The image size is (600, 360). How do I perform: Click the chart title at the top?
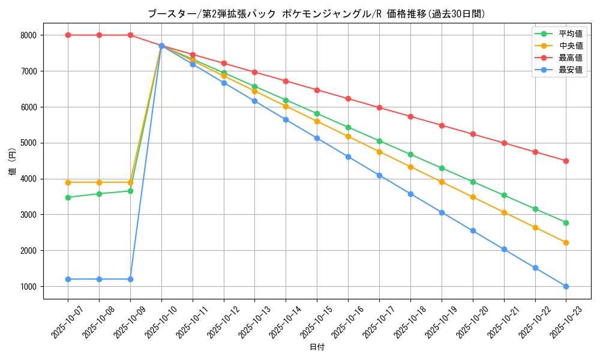(316, 14)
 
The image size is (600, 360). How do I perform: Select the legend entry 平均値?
(569, 34)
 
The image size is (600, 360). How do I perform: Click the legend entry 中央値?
(569, 46)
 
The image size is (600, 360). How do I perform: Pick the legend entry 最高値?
(569, 58)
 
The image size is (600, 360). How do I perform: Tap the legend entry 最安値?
(569, 70)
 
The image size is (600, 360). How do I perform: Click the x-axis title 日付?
(317, 347)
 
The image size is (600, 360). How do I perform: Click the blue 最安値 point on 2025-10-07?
(68, 279)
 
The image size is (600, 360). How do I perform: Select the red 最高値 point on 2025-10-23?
(566, 161)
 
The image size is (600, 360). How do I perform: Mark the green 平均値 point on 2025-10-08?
(99, 194)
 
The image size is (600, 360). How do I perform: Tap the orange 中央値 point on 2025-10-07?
(68, 182)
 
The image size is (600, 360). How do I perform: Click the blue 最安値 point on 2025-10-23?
(566, 286)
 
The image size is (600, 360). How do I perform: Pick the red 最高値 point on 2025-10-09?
(130, 35)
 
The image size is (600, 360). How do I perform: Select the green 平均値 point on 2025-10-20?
(473, 182)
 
